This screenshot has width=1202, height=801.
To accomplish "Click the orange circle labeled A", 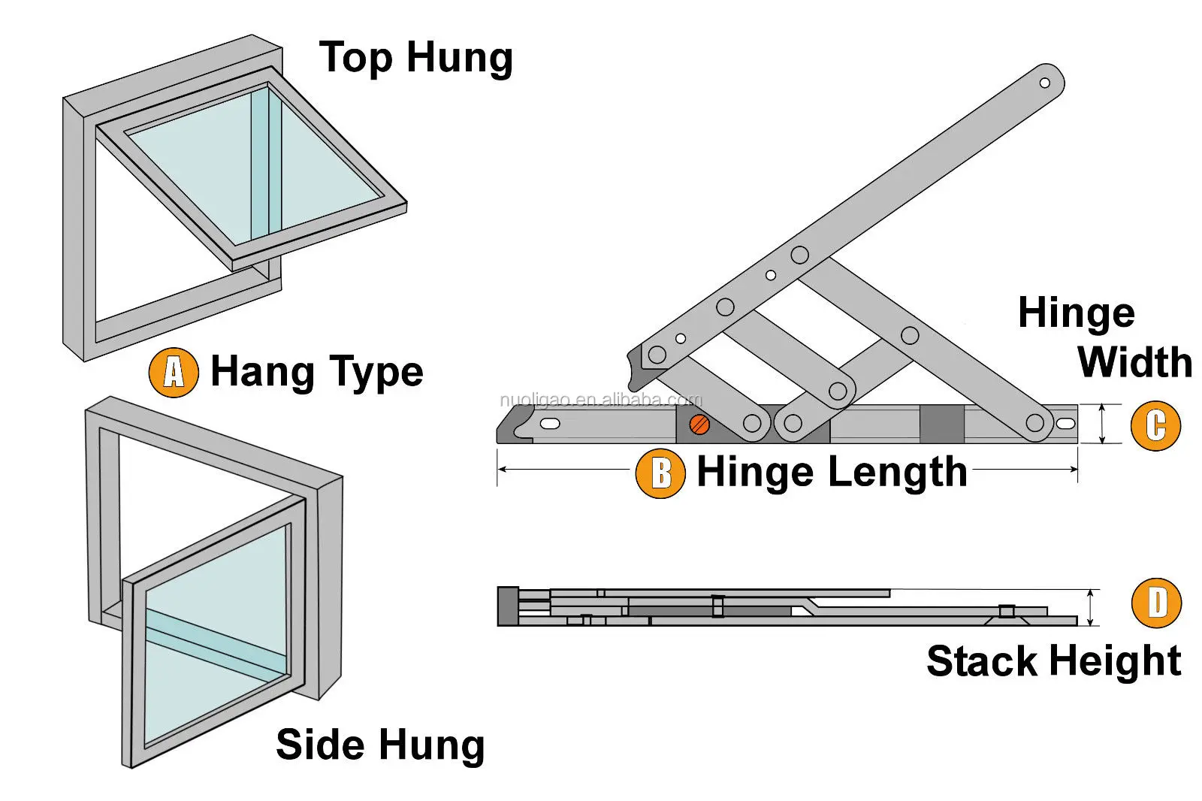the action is [x=174, y=372].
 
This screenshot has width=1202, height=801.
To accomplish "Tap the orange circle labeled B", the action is [x=660, y=473].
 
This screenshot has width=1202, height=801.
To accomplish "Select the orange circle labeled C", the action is [x=1155, y=425].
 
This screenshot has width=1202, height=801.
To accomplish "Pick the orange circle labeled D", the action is [x=1156, y=603].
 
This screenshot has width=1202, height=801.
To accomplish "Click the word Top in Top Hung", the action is [x=355, y=58].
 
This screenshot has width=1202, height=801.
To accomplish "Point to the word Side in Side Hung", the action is [x=320, y=745].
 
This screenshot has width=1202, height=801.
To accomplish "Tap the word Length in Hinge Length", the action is [x=893, y=473].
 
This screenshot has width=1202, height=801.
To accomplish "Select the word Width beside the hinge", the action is [x=1134, y=362].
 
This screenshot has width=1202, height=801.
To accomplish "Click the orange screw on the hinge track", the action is [x=699, y=425].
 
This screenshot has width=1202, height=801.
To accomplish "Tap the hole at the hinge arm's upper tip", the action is [x=1044, y=83].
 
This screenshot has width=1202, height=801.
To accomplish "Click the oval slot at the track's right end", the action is [x=1065, y=424].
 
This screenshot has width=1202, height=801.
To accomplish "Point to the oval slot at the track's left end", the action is [x=551, y=424].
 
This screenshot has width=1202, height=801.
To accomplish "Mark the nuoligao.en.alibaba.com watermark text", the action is [x=600, y=400].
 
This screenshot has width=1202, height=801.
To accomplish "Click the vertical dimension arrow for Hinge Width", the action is [x=1102, y=424].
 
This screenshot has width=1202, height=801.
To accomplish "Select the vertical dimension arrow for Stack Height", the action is [x=1091, y=607].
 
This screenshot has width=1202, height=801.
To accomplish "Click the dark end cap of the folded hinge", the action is [x=508, y=606].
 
